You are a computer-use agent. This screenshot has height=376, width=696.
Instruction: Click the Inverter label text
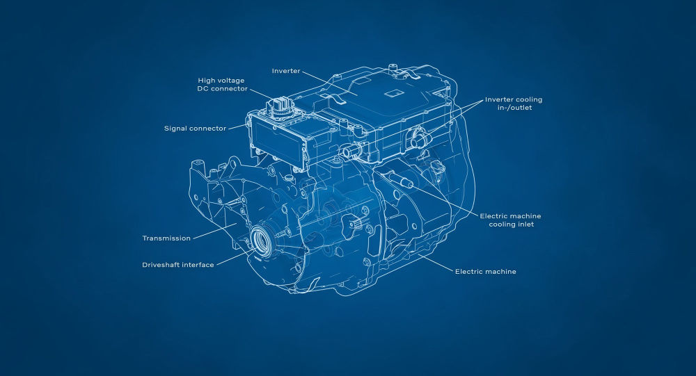pos(286,71)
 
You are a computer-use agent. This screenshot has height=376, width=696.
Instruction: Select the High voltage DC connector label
pos(223,85)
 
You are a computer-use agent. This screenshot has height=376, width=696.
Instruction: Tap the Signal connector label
pos(196,129)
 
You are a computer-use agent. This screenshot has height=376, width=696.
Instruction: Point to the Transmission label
pos(166,238)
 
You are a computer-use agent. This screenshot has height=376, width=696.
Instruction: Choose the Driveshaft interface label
pos(178,265)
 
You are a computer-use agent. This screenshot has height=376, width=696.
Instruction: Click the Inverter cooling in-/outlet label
pos(514,104)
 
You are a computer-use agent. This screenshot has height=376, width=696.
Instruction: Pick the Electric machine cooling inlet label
pos(510,220)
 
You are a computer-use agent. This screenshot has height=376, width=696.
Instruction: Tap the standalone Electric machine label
pos(486,271)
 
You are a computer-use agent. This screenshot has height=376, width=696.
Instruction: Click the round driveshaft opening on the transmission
pos(261,240)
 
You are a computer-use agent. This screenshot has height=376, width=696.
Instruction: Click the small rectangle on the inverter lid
pos(393,94)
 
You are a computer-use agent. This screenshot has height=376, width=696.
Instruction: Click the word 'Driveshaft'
pos(160,265)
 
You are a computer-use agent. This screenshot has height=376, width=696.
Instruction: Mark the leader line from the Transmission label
pos(215,232)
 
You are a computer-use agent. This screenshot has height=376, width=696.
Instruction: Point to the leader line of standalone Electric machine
pos(435,262)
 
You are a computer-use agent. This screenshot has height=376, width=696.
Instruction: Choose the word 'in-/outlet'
pos(514,108)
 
